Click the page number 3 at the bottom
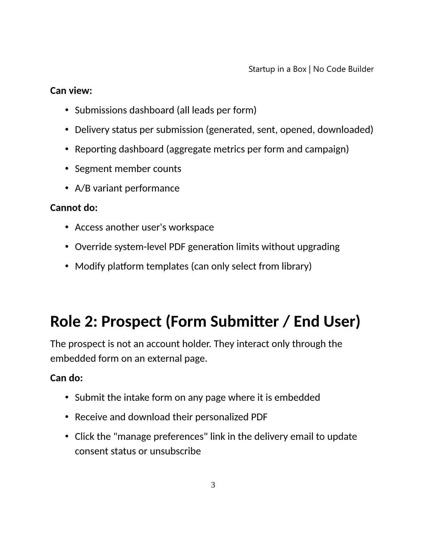pos(213,485)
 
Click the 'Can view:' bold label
pos(71,91)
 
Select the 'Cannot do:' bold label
pos(74,208)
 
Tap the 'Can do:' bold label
pos(66,378)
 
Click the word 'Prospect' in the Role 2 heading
pos(131,321)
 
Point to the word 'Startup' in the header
pos(262,69)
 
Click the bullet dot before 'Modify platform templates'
pos(66,266)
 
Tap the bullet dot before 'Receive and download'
pos(66,417)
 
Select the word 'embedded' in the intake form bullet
pos(297,398)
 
